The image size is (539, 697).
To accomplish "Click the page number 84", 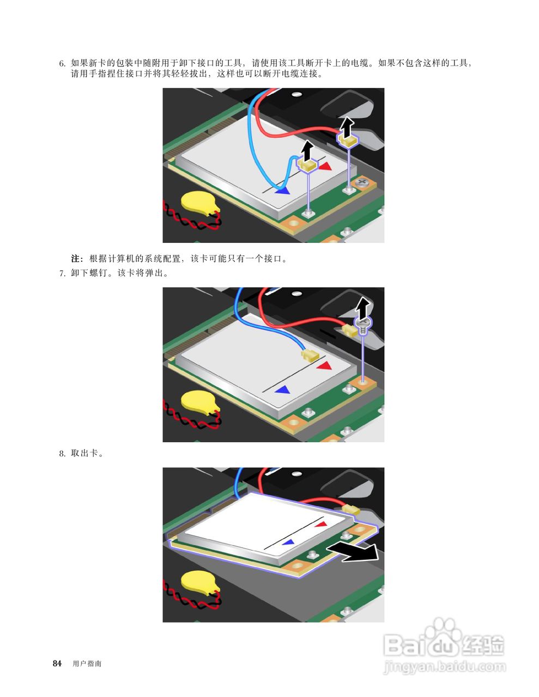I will coord(57,663).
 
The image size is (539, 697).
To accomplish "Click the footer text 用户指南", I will coord(87,664).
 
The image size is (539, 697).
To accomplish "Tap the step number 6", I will coord(62,64).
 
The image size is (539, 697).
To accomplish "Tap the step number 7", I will coord(62,273).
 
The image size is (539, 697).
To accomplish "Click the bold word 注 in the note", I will coord(76,259).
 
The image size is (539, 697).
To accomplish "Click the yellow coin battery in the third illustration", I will coord(198,582).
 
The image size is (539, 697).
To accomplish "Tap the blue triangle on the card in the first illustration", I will coord(282,191).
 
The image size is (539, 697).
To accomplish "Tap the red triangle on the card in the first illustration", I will coord(325,166).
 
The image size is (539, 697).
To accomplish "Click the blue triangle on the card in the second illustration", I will coord(282,390).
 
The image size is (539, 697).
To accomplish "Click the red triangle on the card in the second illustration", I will coord(324,365).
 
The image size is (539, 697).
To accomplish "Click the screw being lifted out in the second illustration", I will coord(363,325).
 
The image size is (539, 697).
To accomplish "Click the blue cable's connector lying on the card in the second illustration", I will coord(309,354).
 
